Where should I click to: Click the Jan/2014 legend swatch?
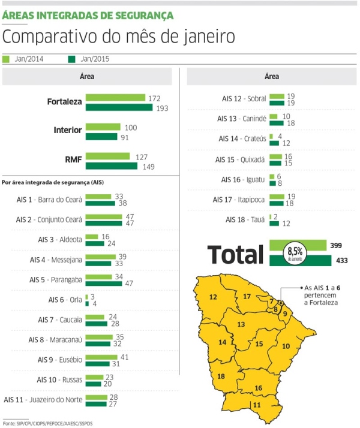click(x=6, y=59)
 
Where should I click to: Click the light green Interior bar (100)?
click(x=104, y=127)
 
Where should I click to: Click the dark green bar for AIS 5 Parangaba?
click(x=104, y=282)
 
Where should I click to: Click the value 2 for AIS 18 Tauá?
click(x=275, y=216)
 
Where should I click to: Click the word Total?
click(x=236, y=254)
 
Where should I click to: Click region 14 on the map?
click(x=222, y=342)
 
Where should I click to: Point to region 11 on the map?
click(x=256, y=404)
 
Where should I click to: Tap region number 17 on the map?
click(x=247, y=296)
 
